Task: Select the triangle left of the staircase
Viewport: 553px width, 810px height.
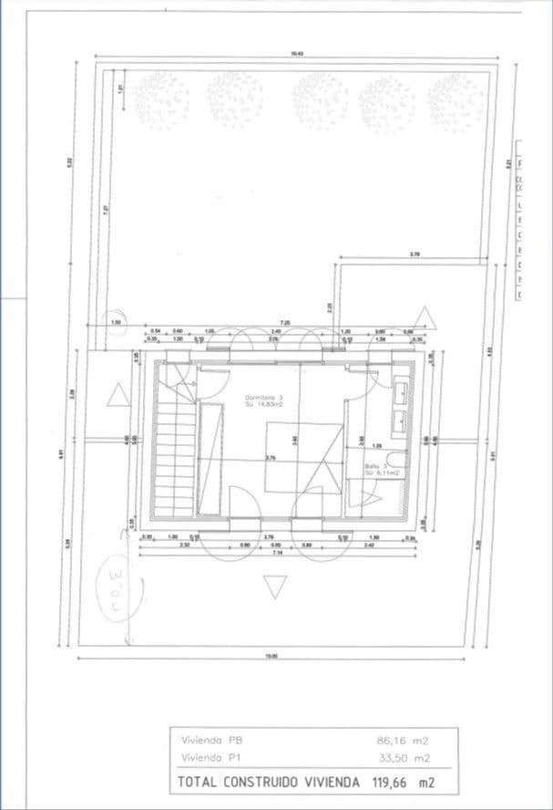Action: point(117,395)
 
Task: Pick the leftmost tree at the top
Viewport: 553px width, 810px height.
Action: point(161,99)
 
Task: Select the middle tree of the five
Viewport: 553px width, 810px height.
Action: point(320,98)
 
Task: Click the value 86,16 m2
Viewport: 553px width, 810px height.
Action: point(402,741)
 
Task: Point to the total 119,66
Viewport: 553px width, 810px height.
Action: point(392,783)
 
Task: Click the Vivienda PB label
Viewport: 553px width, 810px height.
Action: point(212,741)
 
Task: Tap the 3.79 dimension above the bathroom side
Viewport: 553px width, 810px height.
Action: point(415,254)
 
